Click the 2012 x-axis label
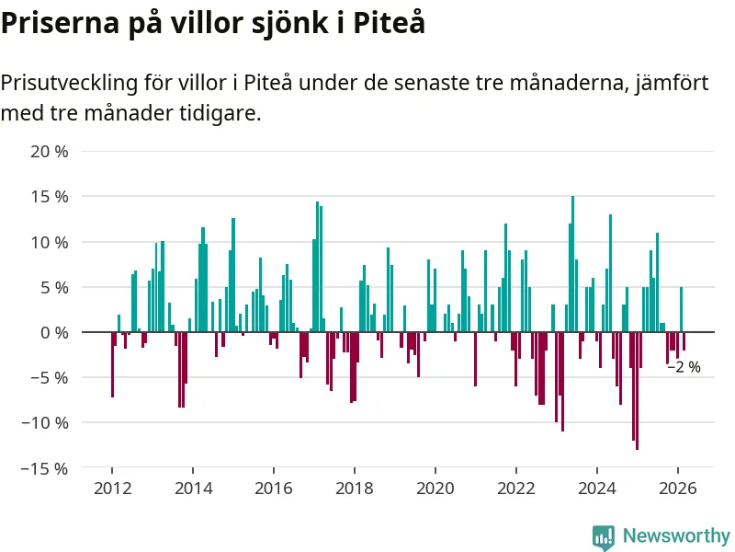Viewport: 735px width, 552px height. click(x=111, y=489)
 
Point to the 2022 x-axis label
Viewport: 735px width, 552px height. click(x=515, y=489)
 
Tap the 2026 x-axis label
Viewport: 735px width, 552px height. click(x=677, y=489)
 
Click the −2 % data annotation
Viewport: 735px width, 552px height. click(x=684, y=367)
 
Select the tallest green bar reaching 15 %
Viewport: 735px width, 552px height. click(x=572, y=264)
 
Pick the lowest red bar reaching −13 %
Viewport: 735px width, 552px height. click(x=637, y=390)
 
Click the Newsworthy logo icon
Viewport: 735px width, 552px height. click(x=603, y=535)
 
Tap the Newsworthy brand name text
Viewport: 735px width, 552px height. click(x=676, y=535)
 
